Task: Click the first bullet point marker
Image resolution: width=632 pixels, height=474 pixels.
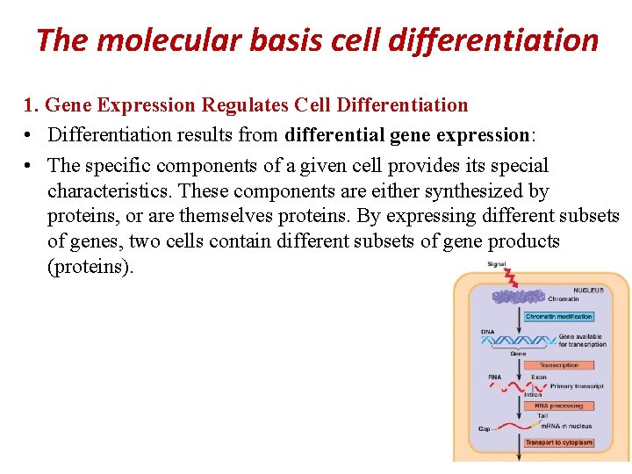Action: coord(30,135)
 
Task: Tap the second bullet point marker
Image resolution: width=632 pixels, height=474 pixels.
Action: coord(30,165)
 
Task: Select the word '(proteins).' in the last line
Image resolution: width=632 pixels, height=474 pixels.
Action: coord(90,267)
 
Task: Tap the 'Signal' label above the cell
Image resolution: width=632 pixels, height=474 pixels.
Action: coord(498,264)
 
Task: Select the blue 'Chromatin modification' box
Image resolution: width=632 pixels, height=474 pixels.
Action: coord(558,316)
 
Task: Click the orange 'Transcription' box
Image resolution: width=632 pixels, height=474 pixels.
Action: coord(558,364)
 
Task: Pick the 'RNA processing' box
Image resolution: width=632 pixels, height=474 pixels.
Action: coord(558,406)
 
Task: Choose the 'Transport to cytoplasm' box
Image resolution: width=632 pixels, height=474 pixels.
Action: coord(558,442)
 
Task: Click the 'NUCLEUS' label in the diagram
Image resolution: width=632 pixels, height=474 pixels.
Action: coord(589,290)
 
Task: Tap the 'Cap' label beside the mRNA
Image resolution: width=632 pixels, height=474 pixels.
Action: coord(485,429)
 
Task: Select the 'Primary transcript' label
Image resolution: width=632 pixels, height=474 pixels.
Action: coord(577,385)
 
